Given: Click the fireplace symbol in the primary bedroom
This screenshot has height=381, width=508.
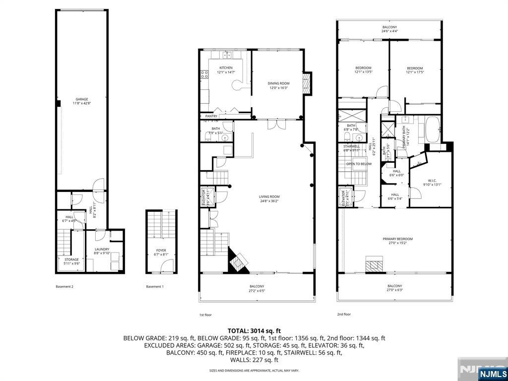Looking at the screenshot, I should pyautogui.click(x=375, y=264).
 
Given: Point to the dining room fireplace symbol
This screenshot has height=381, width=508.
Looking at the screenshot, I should pyautogui.click(x=307, y=83).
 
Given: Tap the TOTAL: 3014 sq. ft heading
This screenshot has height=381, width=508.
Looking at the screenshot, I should pyautogui.click(x=254, y=330).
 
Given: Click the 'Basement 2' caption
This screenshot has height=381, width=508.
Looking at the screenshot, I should pyautogui.click(x=64, y=287).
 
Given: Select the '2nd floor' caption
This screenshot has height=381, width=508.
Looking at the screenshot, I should pyautogui.click(x=344, y=314).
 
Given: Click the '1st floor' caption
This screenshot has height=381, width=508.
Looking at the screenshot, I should pyautogui.click(x=205, y=315).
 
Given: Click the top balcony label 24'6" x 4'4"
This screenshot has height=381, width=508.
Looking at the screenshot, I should pyautogui.click(x=389, y=29).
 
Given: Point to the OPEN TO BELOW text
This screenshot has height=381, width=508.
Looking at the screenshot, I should pyautogui.click(x=359, y=164).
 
